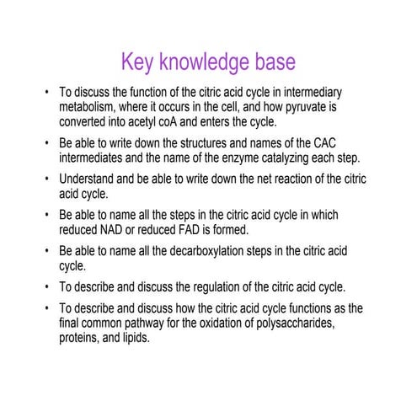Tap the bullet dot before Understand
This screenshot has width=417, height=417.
[47, 179]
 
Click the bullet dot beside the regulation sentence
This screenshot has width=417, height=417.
[47, 286]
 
